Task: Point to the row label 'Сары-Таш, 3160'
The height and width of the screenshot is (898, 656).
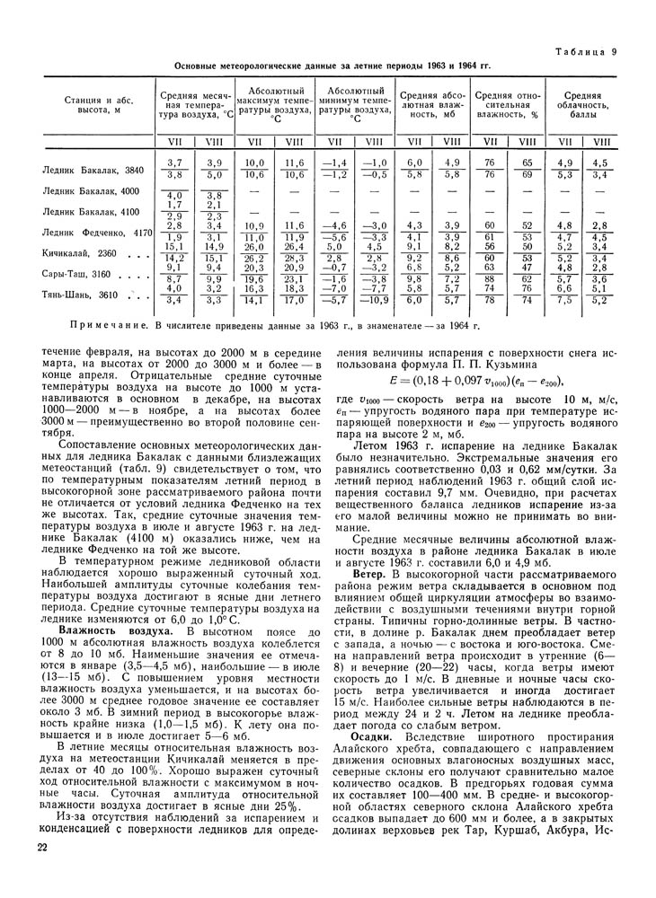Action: click(78, 274)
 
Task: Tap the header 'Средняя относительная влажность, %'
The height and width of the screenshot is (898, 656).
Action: click(507, 105)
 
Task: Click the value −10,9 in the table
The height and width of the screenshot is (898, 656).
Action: click(375, 301)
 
